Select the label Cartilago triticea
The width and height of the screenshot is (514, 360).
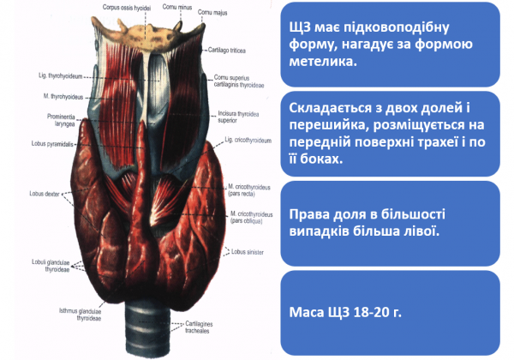tap(224, 51)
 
